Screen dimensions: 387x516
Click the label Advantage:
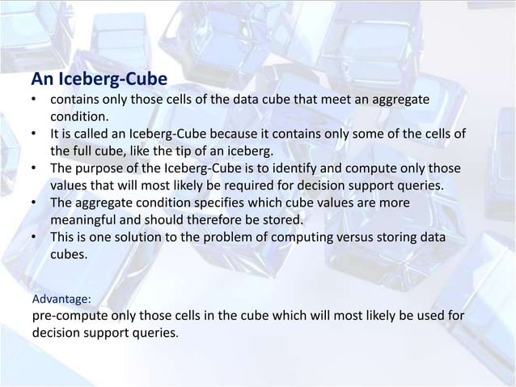[x=61, y=300]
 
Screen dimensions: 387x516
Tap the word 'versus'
[x=348, y=236]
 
